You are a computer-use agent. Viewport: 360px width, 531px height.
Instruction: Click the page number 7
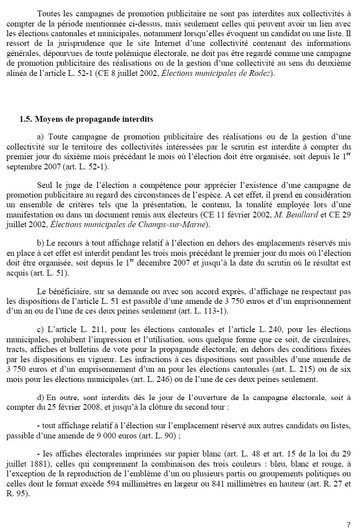coord(349,525)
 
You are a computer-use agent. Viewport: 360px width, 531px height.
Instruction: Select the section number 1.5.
coord(26,120)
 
